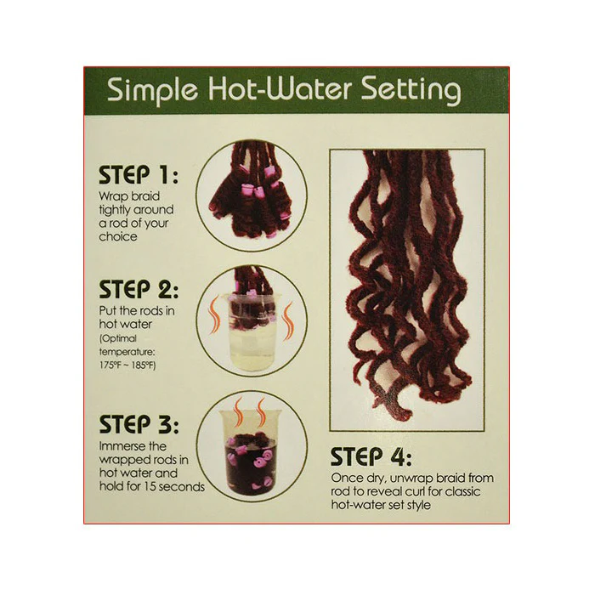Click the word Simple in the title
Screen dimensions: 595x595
click(152, 92)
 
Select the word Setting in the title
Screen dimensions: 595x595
click(411, 92)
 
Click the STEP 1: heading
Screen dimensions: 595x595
click(138, 175)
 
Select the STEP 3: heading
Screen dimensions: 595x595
click(138, 425)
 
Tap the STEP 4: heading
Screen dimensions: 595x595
click(371, 456)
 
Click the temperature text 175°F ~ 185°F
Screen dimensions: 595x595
click(127, 365)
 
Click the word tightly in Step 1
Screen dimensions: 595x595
click(116, 210)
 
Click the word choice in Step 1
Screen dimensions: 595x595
click(118, 237)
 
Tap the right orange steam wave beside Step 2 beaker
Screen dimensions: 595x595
click(289, 317)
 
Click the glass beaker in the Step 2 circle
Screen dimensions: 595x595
click(251, 331)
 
